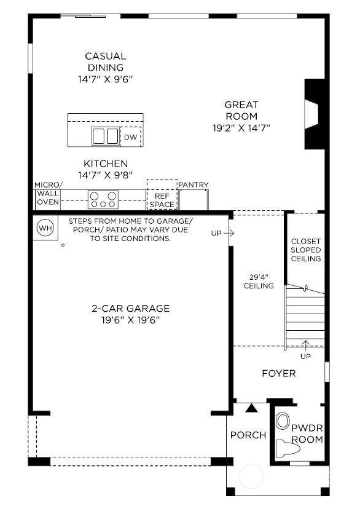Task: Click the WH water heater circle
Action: click(x=45, y=228)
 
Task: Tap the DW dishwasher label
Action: click(x=131, y=137)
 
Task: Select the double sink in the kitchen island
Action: click(x=106, y=136)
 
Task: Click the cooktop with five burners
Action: click(x=103, y=200)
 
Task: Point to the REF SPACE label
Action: click(x=162, y=200)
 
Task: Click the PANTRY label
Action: click(x=194, y=185)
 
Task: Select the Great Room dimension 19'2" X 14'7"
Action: click(x=241, y=128)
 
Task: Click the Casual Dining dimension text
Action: click(x=106, y=79)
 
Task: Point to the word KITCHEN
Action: click(x=106, y=164)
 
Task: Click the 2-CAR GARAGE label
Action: click(x=131, y=309)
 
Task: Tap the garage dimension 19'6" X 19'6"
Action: click(x=131, y=320)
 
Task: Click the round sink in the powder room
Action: click(x=283, y=421)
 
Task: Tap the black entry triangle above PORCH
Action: click(x=251, y=408)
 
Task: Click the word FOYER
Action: click(x=279, y=374)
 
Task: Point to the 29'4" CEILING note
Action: click(x=259, y=282)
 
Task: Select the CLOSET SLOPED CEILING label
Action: click(x=306, y=250)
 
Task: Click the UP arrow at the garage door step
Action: click(x=229, y=233)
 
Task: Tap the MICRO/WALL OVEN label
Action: click(x=49, y=193)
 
